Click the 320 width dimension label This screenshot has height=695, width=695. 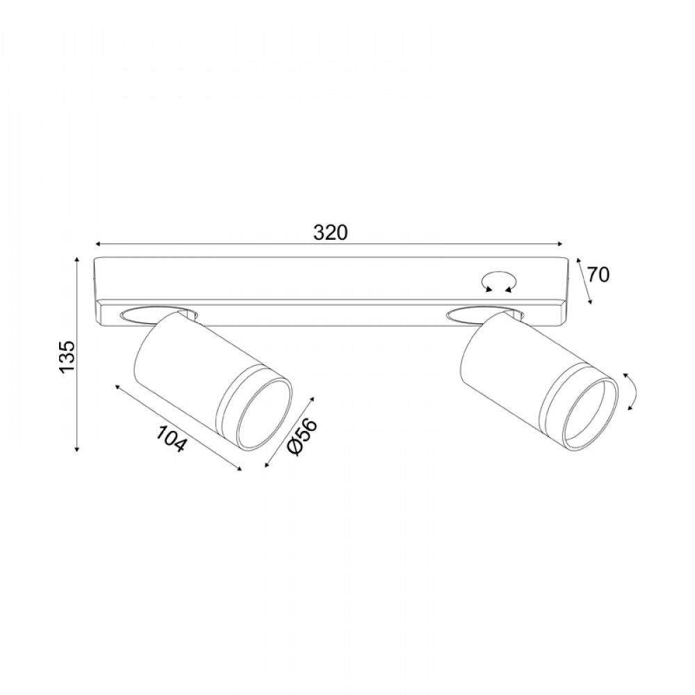(330, 232)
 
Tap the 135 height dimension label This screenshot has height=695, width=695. (68, 357)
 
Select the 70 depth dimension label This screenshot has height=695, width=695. (598, 275)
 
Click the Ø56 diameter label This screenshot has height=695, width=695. (303, 437)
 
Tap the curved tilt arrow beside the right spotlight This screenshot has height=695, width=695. (631, 391)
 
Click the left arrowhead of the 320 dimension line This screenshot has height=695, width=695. (99, 244)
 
